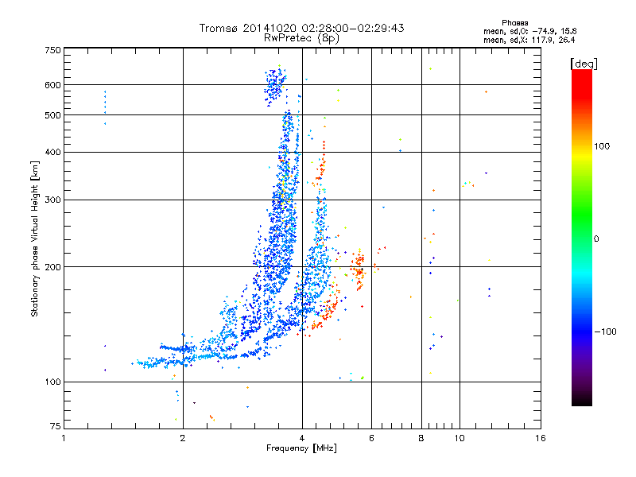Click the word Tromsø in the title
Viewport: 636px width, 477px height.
tap(220, 28)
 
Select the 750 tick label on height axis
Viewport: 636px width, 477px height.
tap(52, 49)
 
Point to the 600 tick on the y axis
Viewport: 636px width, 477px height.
tap(52, 85)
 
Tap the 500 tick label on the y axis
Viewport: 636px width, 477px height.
tap(52, 115)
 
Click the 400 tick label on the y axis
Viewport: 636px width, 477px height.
tap(52, 153)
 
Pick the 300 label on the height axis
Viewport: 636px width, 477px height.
tap(52, 200)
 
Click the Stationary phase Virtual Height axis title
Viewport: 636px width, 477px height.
tap(35, 239)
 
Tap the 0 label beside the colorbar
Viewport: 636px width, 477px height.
tap(597, 239)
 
